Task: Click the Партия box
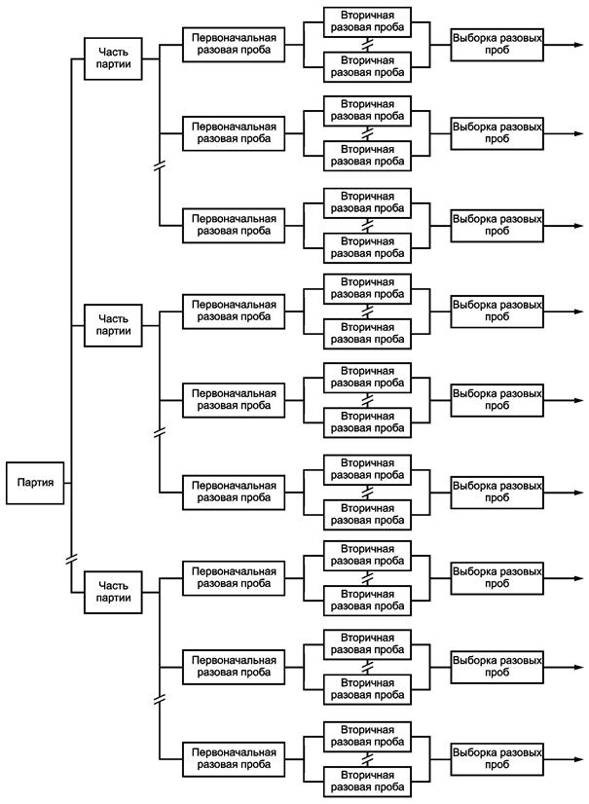point(35,483)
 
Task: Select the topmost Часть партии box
point(113,58)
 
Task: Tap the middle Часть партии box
point(113,325)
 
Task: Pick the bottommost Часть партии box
point(113,592)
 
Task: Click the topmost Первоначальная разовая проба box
point(234,45)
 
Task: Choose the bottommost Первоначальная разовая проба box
point(234,759)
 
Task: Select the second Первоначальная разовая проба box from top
point(234,133)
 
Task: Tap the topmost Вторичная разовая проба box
point(367,21)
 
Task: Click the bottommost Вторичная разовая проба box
point(367,782)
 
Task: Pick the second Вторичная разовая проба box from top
point(367,66)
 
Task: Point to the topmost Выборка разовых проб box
point(497,45)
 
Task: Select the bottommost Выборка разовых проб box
point(497,759)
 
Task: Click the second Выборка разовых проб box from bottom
point(497,667)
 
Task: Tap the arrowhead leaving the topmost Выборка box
point(579,45)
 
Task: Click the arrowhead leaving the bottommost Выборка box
point(579,759)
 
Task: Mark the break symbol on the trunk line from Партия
point(71,559)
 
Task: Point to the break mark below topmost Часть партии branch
point(160,166)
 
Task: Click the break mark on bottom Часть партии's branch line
point(160,699)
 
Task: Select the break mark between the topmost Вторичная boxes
point(367,45)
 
